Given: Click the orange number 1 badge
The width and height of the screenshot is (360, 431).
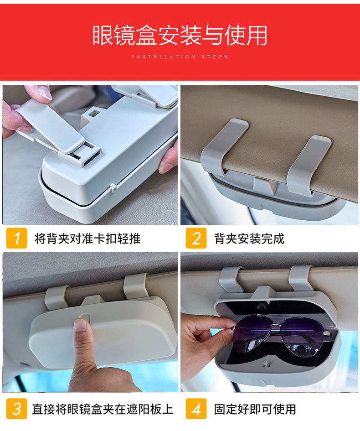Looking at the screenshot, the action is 17,238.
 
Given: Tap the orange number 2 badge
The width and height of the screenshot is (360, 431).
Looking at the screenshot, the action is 196,238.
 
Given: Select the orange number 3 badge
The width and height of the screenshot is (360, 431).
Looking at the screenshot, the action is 17,409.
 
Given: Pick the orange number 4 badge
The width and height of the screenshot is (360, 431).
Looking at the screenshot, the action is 196,409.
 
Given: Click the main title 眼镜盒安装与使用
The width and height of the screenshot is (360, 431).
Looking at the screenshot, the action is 180,35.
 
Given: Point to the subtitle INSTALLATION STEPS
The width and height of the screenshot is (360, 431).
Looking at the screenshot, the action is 180,57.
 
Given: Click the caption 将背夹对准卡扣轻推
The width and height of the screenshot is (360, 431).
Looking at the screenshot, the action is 87,239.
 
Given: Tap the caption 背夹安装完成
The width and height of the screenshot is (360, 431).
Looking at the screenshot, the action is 249,239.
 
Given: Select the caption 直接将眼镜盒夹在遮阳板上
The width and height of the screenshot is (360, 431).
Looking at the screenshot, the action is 103,409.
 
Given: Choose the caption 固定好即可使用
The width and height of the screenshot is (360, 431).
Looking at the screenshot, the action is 255,409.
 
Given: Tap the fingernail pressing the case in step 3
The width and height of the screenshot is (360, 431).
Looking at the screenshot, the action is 81,325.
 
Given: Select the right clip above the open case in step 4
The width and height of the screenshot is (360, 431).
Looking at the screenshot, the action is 300,278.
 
